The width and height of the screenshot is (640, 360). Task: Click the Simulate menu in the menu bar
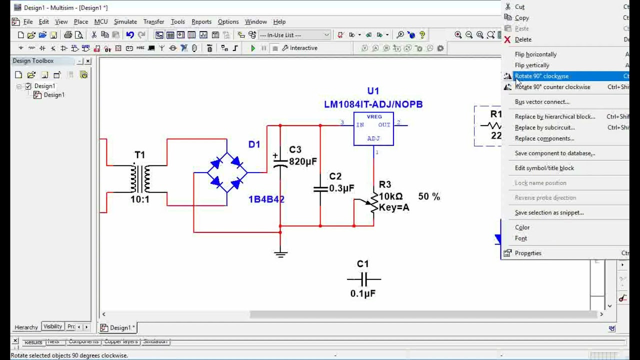(125, 21)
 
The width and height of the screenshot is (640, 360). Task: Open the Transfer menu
(153, 21)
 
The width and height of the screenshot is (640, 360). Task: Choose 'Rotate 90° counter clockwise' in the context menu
(552, 87)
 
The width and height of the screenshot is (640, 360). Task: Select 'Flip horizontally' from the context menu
(535, 54)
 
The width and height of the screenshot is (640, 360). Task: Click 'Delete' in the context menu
(523, 39)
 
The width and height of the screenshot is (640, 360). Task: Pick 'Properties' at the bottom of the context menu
(528, 253)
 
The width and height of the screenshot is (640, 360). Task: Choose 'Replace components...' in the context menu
(544, 138)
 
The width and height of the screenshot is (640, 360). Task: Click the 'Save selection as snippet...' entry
(549, 212)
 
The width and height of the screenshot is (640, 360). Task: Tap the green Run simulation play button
(253, 48)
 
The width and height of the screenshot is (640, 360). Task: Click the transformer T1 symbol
(140, 178)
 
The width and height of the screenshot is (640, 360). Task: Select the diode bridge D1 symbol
(226, 173)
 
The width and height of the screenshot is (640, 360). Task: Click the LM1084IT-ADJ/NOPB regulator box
(373, 128)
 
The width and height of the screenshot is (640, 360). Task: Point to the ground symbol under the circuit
(280, 253)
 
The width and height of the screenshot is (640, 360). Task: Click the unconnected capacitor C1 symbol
(363, 279)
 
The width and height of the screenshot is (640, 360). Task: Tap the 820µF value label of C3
(302, 161)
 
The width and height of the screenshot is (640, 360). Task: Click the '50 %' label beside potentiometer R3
(429, 196)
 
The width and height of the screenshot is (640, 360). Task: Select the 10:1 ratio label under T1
(140, 199)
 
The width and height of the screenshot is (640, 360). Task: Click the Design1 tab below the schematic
(118, 327)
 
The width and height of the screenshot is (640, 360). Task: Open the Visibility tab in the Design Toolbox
(52, 326)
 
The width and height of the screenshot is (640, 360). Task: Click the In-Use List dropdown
(294, 35)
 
